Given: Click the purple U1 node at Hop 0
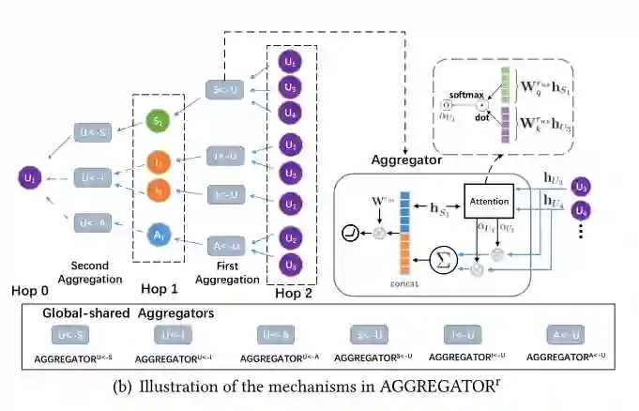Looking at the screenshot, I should point(31,175).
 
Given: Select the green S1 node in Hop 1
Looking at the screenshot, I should point(160,122).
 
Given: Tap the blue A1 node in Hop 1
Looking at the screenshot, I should point(160,230).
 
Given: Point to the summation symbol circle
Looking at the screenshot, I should point(443,259).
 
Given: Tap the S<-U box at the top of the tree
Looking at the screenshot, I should point(225,91).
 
